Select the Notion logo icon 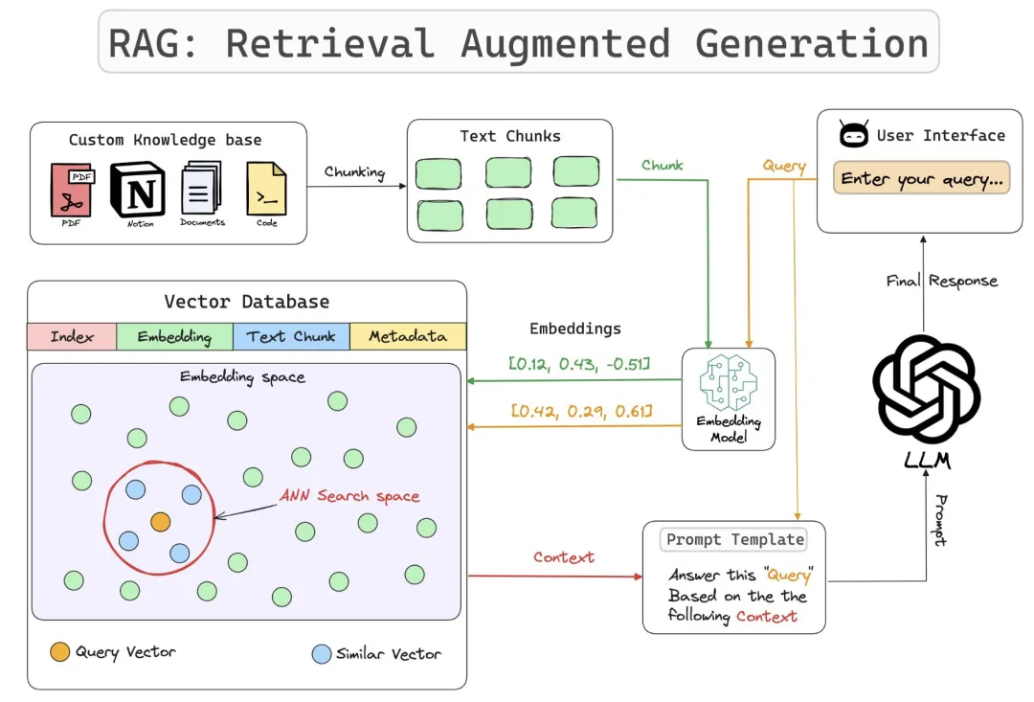pos(139,189)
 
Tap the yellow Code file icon pos(266,188)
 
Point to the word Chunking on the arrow pos(354,172)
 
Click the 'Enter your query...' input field pos(921,179)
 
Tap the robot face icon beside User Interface pos(854,136)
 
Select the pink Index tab pos(72,337)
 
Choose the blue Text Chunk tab pos(291,337)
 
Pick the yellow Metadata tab pos(408,337)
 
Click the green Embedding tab pos(174,337)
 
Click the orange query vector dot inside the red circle pos(160,522)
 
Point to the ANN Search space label pos(349,496)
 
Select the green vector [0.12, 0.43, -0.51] pos(579,363)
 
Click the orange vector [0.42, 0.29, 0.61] pos(581,411)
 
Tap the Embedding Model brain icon pos(728,387)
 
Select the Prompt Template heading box pos(734,539)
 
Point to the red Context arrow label pos(564,557)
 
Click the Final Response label pos(942,281)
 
